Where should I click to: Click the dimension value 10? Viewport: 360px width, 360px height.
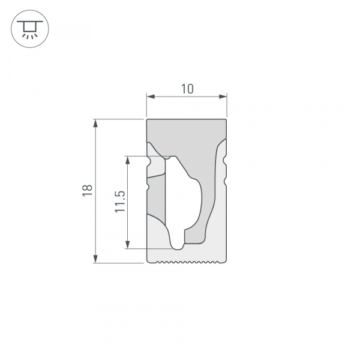click(x=187, y=89)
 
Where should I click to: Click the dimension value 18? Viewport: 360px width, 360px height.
click(x=88, y=190)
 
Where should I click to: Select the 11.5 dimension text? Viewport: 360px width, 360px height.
click(x=120, y=202)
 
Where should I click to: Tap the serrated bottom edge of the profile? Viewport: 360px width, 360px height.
click(x=187, y=262)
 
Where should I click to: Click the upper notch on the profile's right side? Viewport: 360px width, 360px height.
click(x=225, y=160)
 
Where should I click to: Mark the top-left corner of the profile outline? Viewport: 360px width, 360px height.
click(x=148, y=120)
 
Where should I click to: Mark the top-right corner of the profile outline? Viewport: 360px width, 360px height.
click(x=227, y=120)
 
